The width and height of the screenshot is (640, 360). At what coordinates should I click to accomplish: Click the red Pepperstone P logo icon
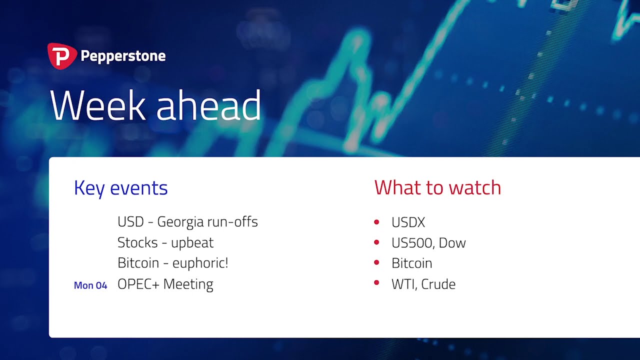(62, 56)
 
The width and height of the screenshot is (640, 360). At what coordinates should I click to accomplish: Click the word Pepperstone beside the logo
(123, 56)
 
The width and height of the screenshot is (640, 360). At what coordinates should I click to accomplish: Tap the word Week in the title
(98, 105)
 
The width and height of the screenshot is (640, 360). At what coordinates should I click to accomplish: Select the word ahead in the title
(208, 105)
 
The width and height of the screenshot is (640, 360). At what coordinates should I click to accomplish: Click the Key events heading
(120, 188)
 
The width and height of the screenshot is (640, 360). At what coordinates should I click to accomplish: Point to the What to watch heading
(437, 187)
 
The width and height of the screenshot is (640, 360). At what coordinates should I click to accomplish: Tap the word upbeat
(192, 243)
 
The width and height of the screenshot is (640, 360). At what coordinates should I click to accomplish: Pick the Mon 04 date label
(90, 285)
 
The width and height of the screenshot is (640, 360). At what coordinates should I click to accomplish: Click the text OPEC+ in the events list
(138, 284)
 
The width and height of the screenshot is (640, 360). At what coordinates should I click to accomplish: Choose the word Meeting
(188, 284)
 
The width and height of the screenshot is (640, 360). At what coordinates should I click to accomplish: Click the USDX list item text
(408, 222)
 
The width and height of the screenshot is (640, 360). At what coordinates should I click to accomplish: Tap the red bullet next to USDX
(376, 222)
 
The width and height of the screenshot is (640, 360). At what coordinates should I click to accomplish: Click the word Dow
(452, 243)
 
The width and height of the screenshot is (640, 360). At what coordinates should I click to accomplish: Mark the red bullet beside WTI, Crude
(376, 282)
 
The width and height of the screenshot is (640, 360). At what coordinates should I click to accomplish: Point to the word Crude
(438, 284)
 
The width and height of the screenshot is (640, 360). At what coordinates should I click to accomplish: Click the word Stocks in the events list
(137, 242)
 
